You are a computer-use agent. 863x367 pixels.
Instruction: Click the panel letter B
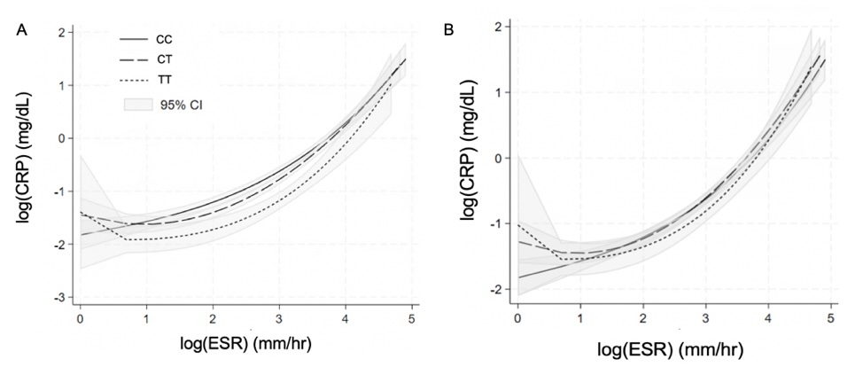coord(449,31)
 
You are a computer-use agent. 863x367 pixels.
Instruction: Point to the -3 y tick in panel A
coord(62,298)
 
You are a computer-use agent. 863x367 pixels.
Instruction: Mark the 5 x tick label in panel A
coord(411,316)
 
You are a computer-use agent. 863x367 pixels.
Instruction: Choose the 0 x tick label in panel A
coord(81,316)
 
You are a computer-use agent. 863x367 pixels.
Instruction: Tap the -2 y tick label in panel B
coord(496,290)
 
